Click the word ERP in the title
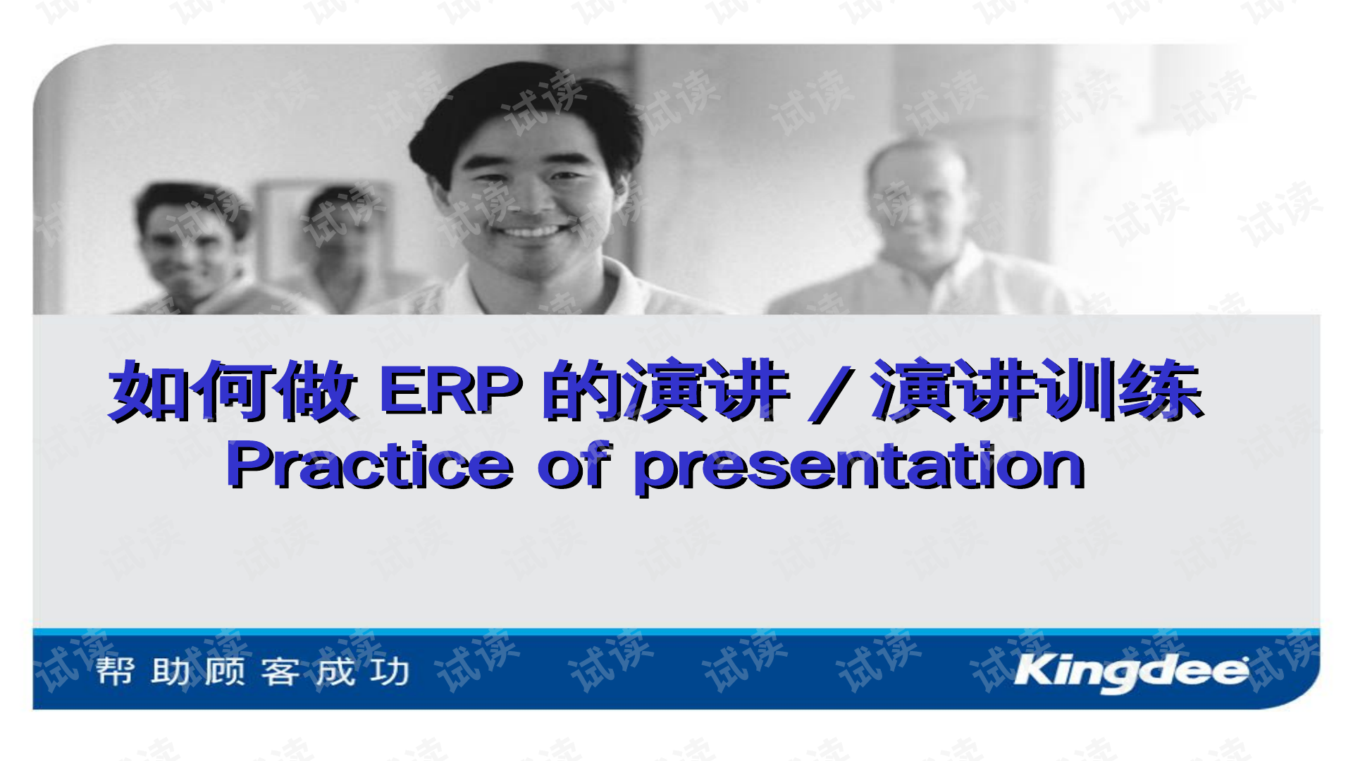coord(451,390)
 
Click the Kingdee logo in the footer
coord(1131,671)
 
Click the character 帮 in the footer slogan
coord(115,671)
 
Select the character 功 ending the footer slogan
coord(390,671)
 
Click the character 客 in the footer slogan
coord(280,671)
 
